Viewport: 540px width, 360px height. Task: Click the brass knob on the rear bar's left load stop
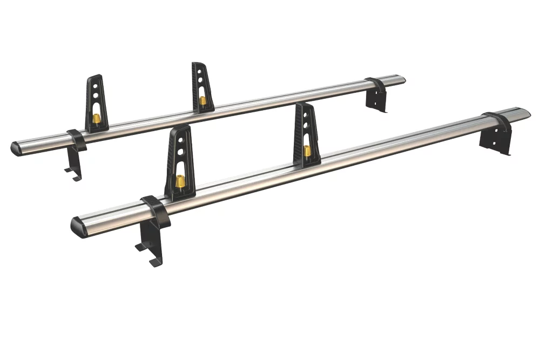click(96, 119)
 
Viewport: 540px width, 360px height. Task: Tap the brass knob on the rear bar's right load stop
click(202, 100)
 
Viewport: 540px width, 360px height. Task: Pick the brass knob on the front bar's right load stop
click(307, 151)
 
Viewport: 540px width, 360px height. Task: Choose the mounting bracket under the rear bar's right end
click(376, 99)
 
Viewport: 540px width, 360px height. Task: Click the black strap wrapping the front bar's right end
click(497, 121)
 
